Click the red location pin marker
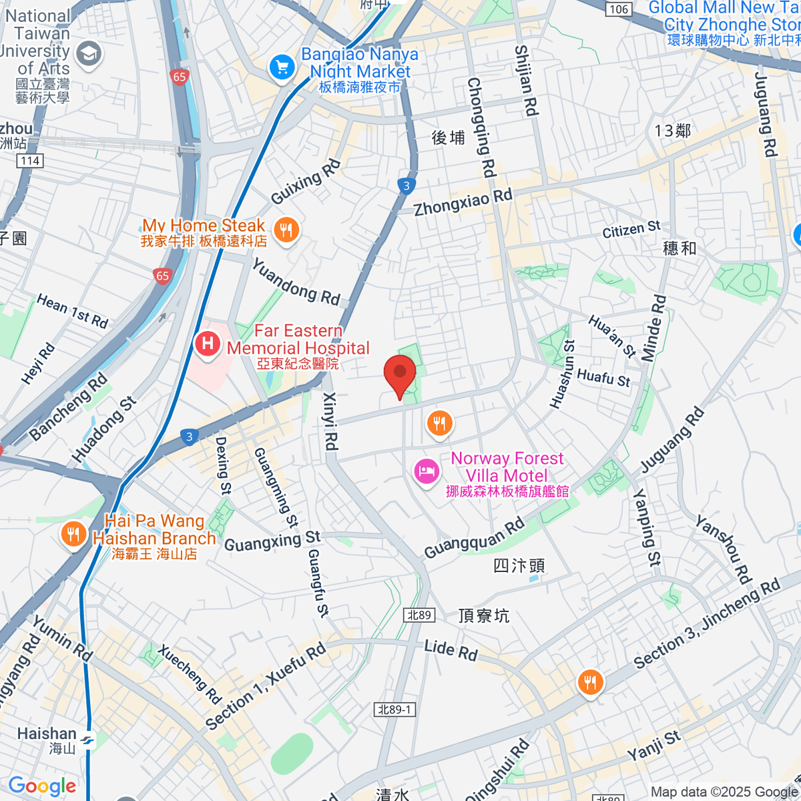400,374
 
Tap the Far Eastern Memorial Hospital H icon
208,344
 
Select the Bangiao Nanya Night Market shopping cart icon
282,67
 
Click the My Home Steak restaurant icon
286,231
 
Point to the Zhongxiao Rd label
463,202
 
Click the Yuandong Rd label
296,282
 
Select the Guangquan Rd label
475,538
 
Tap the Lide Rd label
451,649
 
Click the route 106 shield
619,9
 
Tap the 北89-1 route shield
394,710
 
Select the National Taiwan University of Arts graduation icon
89,54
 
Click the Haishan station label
47,734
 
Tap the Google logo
42,786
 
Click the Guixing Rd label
306,182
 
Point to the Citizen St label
631,230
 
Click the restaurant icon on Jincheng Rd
591,682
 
